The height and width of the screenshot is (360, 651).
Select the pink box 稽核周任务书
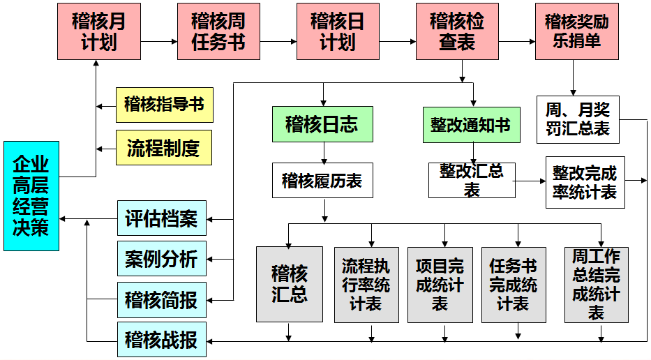pos(218,31)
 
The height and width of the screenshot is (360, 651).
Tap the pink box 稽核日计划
pos(338,31)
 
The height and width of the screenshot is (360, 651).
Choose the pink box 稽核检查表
pos(457,31)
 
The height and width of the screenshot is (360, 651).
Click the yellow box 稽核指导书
pos(164,105)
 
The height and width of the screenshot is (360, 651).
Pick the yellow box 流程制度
pos(164,148)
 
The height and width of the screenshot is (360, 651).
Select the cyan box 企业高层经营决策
pos(31,196)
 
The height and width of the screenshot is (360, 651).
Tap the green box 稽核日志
pos(322,124)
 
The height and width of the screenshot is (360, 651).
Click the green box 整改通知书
pos(470,125)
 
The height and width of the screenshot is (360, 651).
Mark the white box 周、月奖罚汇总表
pos(578,119)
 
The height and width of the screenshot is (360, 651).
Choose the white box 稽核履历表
pos(322,181)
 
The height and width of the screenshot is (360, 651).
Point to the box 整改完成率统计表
pos(585,182)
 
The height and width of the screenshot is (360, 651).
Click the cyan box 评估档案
pos(161,219)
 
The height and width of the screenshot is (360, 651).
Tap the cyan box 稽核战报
pos(161,341)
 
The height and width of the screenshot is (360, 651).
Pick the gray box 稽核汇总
pos(290,284)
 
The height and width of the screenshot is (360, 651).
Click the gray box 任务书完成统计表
pos(514,284)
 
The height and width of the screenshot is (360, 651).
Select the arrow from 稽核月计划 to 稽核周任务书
pos(158,41)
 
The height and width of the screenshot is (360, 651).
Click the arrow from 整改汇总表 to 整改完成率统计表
pos(530,181)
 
